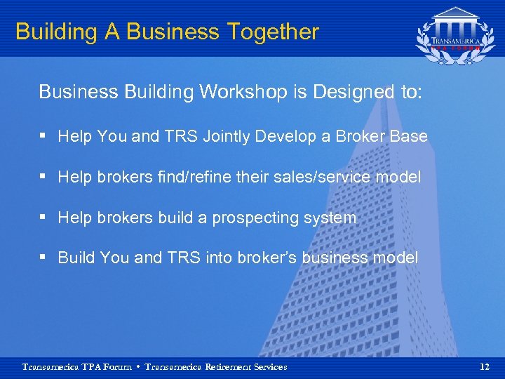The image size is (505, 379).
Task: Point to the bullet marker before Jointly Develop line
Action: point(43,136)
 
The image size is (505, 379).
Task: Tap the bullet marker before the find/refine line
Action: point(43,177)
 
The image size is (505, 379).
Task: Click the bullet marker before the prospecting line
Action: point(43,218)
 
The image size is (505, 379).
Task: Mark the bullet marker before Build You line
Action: point(43,258)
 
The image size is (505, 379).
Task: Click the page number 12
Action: point(484,366)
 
